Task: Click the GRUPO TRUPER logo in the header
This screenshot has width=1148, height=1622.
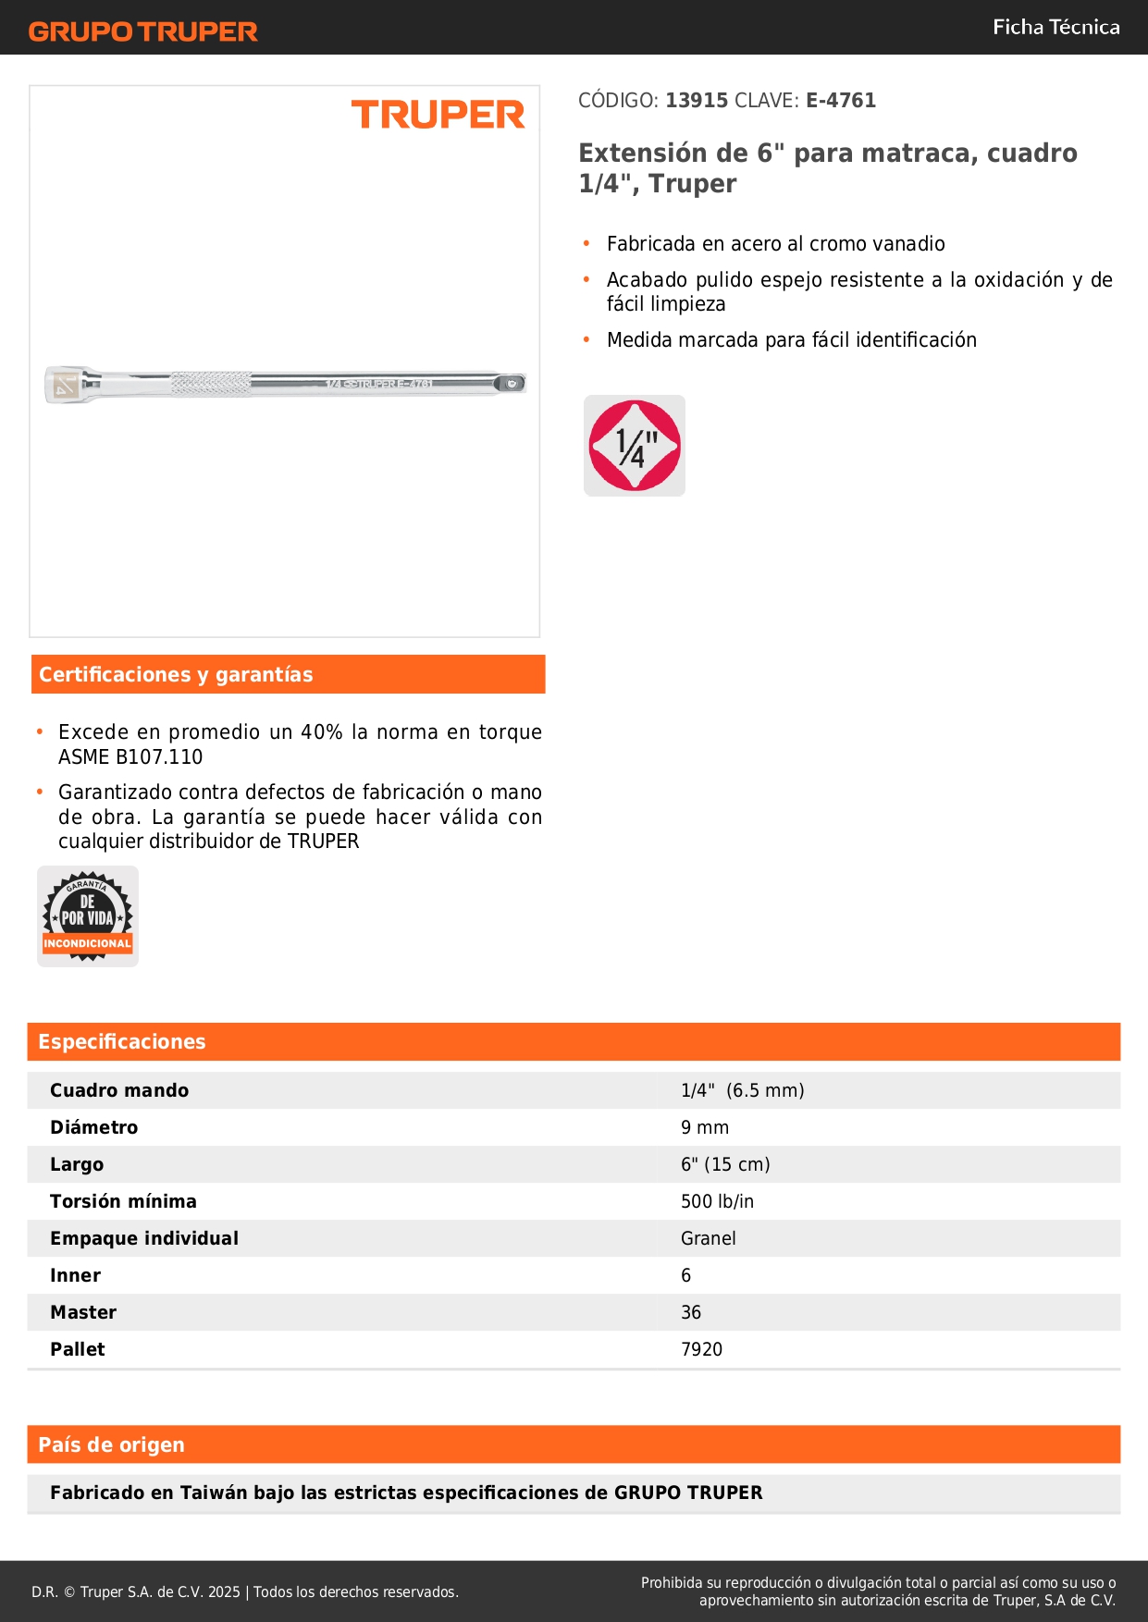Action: (x=142, y=31)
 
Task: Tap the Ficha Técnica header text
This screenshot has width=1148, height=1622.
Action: (x=1055, y=27)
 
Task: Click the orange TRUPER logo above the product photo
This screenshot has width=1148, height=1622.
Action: (x=438, y=115)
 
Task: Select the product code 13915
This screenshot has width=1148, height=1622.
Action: (x=697, y=100)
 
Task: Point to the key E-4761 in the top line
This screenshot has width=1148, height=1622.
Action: (x=840, y=100)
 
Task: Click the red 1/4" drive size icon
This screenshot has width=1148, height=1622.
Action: (x=635, y=446)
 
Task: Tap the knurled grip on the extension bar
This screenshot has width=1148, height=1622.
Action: (x=211, y=383)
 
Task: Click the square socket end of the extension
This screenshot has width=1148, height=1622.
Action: (x=65, y=385)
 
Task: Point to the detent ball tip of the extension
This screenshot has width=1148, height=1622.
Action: (x=512, y=383)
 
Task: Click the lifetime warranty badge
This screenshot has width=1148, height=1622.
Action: (x=88, y=916)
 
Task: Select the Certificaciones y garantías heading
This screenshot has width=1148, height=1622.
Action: (x=176, y=674)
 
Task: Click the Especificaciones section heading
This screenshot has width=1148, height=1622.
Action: (x=122, y=1041)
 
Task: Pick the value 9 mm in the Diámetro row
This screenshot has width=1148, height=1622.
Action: (x=705, y=1127)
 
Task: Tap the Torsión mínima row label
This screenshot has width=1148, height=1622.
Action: (x=123, y=1201)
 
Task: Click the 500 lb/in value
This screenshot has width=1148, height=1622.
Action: (x=717, y=1201)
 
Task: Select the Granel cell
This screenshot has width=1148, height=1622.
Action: (x=709, y=1238)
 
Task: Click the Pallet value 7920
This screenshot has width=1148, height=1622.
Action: (x=701, y=1349)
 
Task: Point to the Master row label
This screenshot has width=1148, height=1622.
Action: (x=83, y=1312)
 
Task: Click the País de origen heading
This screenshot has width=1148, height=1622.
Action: (x=111, y=1444)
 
